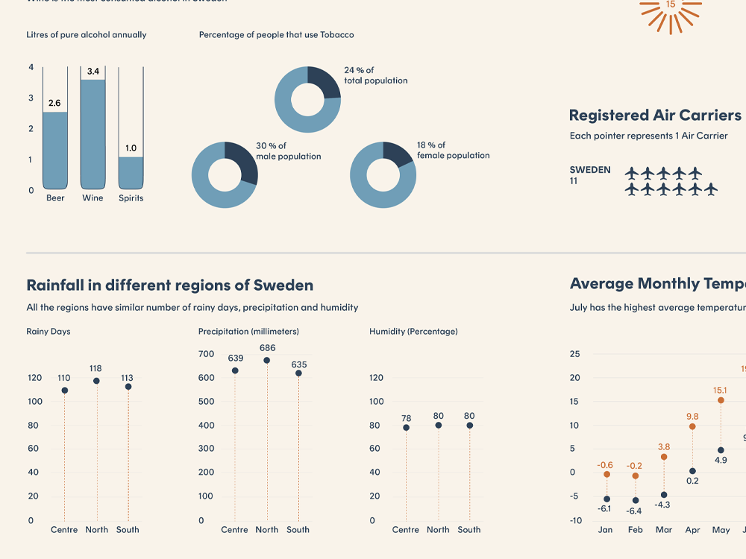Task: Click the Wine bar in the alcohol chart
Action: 93,134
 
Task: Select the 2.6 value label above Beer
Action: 54,104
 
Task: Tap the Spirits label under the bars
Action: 131,198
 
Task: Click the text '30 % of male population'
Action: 288,151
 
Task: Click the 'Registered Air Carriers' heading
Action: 655,116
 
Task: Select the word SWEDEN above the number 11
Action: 590,170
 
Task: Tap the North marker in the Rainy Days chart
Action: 96,381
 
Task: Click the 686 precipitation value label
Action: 267,348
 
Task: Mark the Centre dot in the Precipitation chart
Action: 235,370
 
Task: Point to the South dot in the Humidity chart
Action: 469,426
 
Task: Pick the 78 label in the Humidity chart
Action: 406,418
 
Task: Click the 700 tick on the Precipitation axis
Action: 206,354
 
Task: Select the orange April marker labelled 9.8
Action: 692,426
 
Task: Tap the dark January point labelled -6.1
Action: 606,499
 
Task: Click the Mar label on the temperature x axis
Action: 664,530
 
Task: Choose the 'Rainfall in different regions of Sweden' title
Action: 169,285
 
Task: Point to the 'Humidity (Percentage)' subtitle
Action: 413,332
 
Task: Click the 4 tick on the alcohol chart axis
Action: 31,68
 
